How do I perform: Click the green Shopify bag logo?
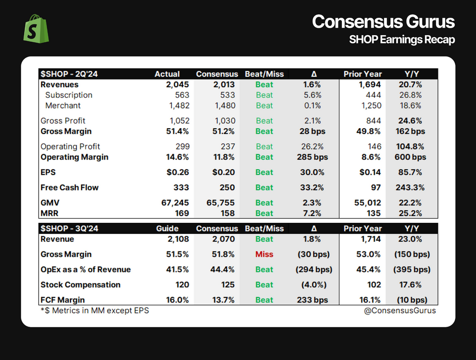[x=37, y=29]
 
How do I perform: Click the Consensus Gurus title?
[x=383, y=22]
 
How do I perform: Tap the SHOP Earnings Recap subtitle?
[x=402, y=40]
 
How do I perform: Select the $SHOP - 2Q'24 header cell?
[x=69, y=74]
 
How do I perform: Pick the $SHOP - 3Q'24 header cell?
[x=69, y=228]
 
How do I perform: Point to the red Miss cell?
[x=264, y=254]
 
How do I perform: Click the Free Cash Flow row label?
[x=69, y=188]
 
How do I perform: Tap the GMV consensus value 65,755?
[x=217, y=203]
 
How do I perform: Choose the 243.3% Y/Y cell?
[x=412, y=188]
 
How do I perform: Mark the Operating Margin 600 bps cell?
[x=412, y=157]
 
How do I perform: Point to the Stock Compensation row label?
[x=80, y=285]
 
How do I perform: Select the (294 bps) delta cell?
[x=313, y=270]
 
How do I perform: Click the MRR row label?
[x=50, y=213]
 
